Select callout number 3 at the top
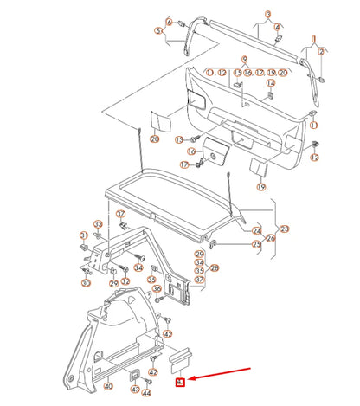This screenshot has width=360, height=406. click(x=268, y=14)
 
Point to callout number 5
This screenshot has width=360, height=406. click(x=159, y=30)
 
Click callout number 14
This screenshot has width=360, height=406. click(x=271, y=83)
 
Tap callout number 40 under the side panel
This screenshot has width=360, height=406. click(x=107, y=386)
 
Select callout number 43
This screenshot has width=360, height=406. click(x=136, y=390)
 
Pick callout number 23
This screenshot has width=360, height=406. click(x=285, y=229)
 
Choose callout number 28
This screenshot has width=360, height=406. click(x=214, y=268)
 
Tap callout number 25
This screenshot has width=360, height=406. click(x=256, y=244)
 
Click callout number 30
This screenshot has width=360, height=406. click(x=86, y=283)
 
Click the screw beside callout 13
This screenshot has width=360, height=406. click(x=196, y=139)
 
